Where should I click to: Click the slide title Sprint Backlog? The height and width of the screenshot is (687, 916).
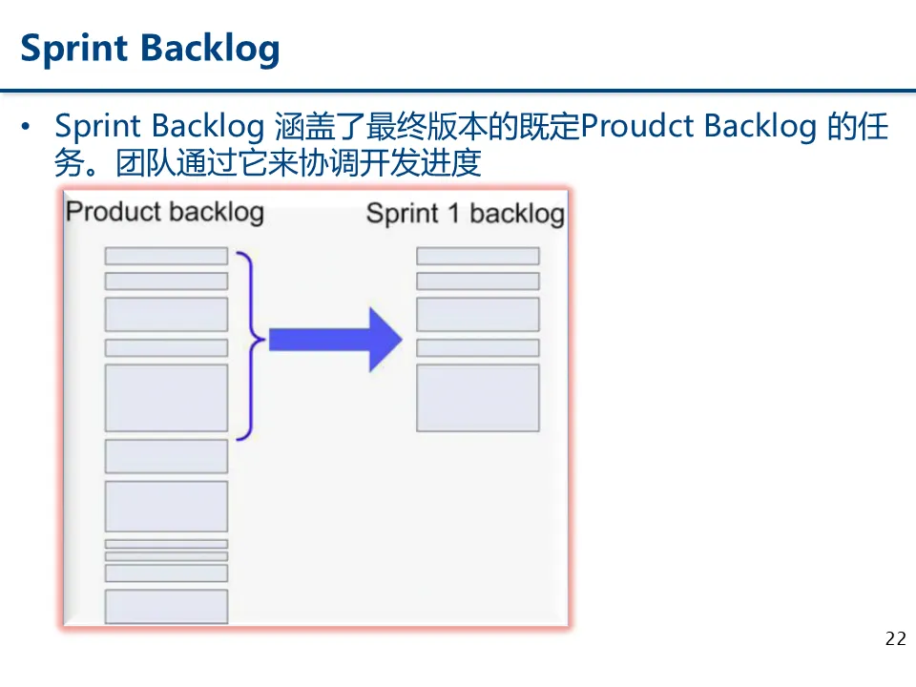pyautogui.click(x=150, y=48)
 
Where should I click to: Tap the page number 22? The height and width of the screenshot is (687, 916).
pyautogui.click(x=895, y=639)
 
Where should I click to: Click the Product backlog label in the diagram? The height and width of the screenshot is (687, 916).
pyautogui.click(x=164, y=211)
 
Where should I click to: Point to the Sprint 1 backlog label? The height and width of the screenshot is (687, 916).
pyautogui.click(x=465, y=213)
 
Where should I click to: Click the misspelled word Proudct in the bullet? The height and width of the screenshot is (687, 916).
pyautogui.click(x=637, y=127)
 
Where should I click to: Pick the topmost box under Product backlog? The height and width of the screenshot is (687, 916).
pyautogui.click(x=166, y=256)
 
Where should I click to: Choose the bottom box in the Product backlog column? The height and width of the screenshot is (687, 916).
pyautogui.click(x=166, y=607)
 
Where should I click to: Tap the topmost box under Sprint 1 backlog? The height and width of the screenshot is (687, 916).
pyautogui.click(x=477, y=256)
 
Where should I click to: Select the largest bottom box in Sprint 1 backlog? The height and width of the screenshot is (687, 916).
pyautogui.click(x=477, y=397)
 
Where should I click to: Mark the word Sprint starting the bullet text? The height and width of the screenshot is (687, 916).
pyautogui.click(x=98, y=127)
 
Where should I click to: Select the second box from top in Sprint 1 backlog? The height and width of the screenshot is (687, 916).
pyautogui.click(x=477, y=281)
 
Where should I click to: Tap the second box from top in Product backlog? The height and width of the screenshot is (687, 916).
pyautogui.click(x=166, y=281)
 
